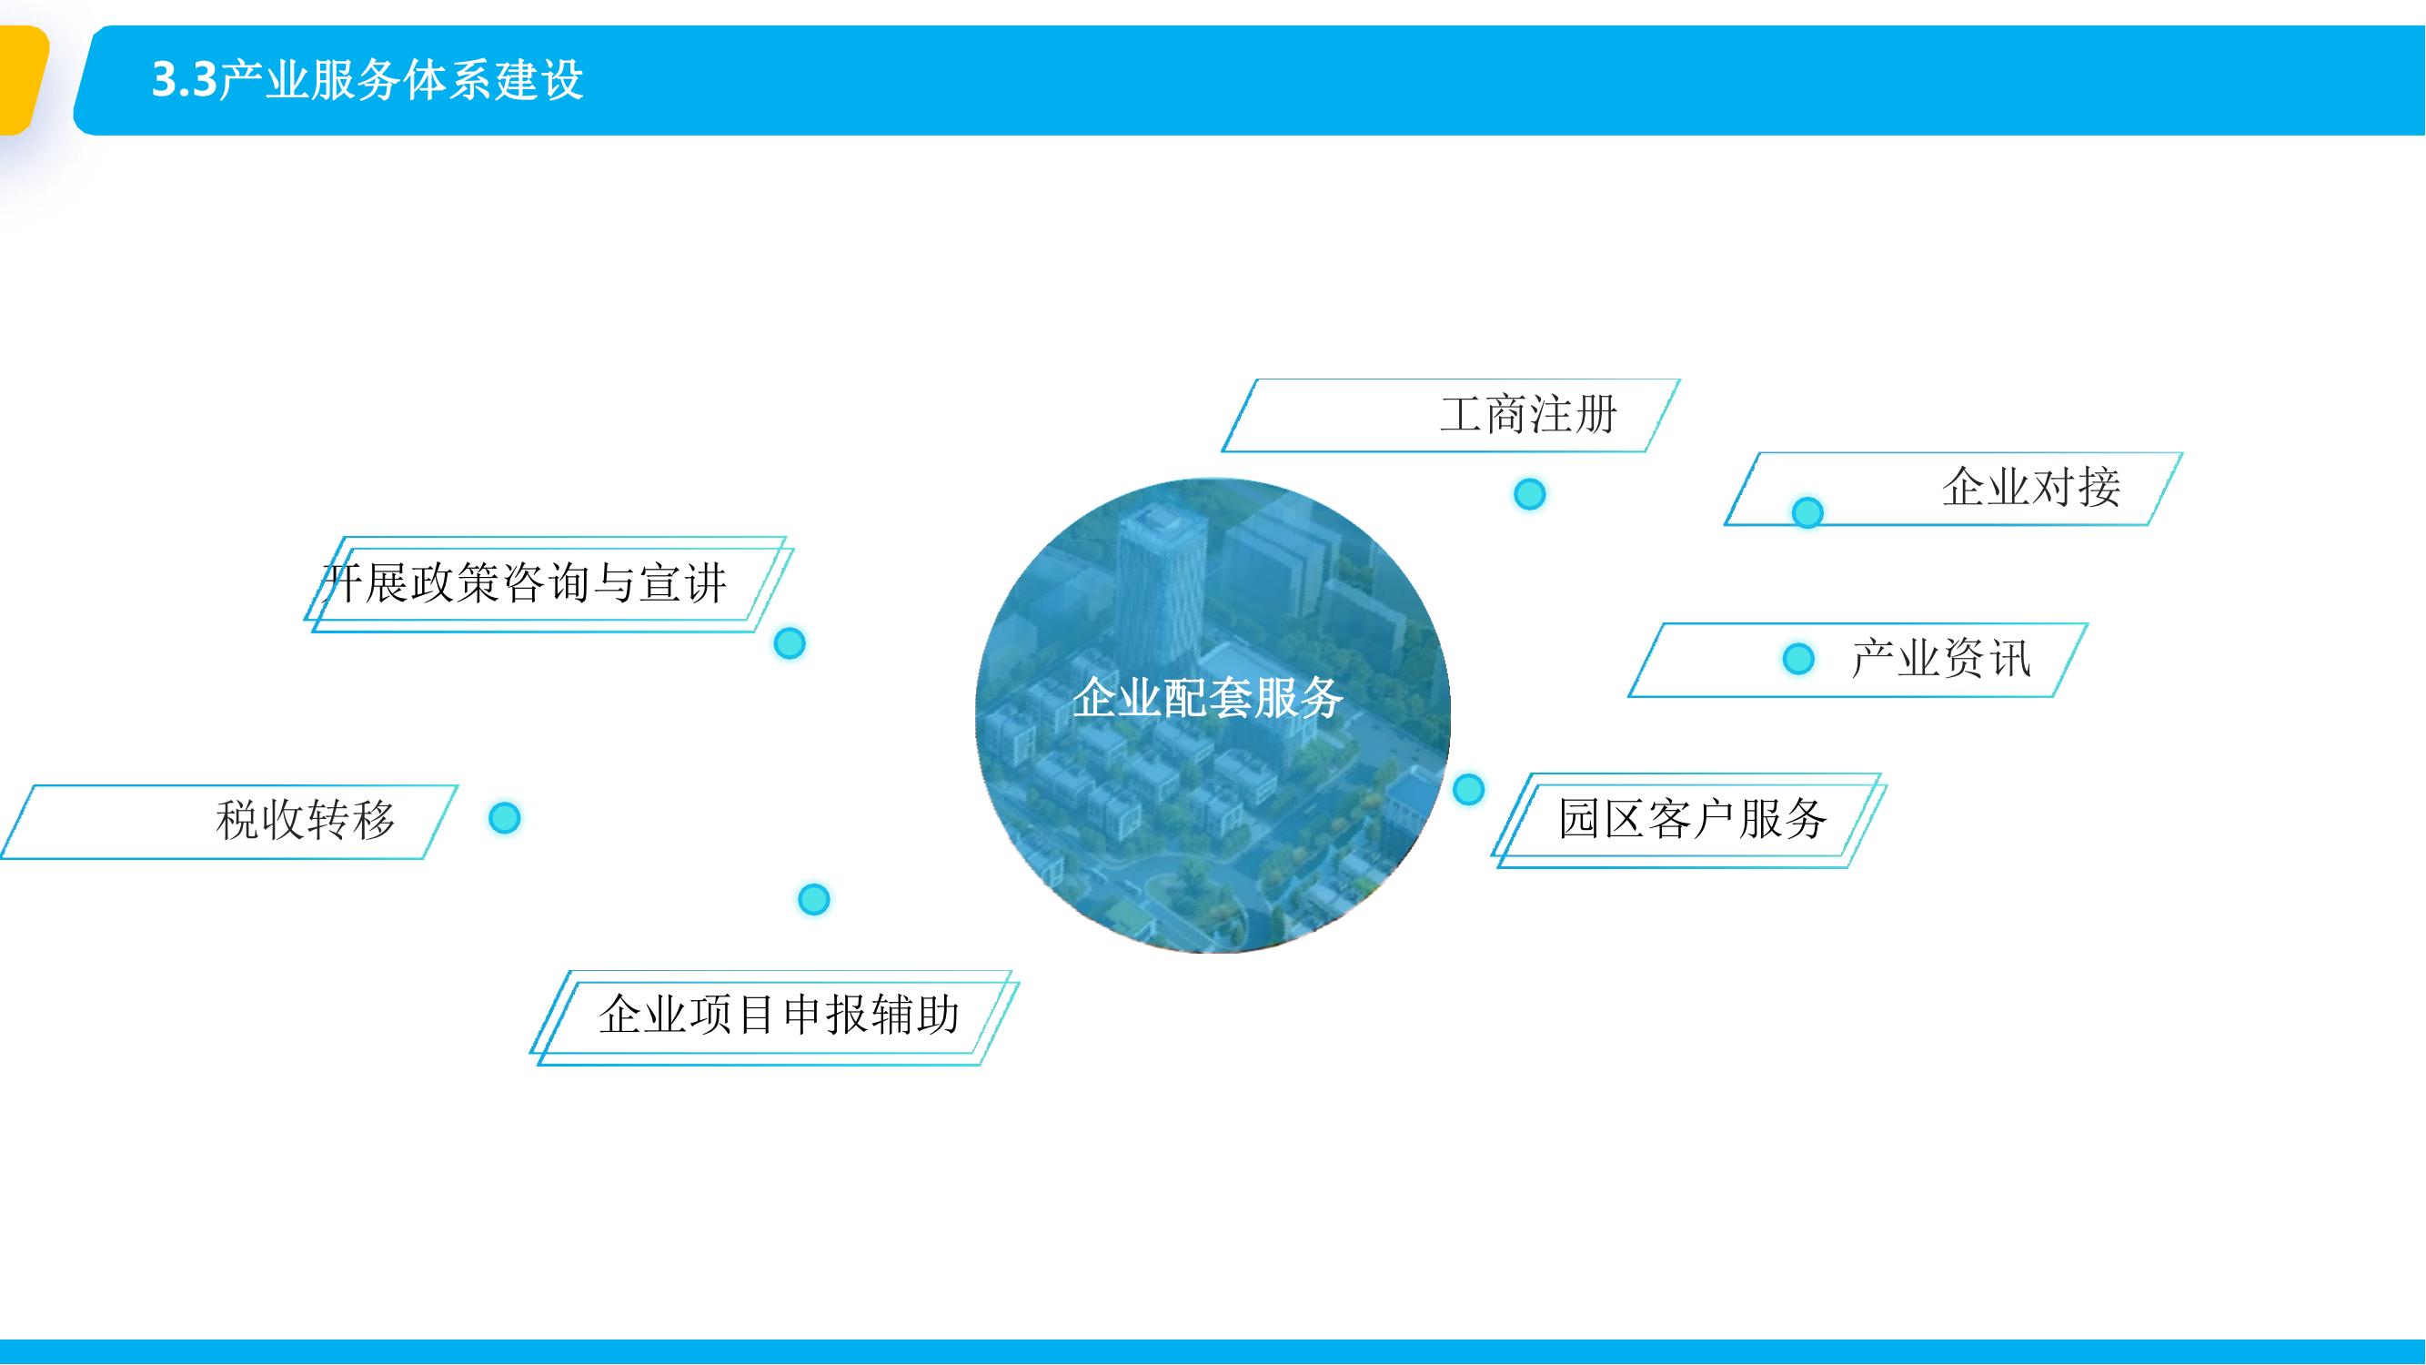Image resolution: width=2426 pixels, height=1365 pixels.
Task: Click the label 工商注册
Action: pyautogui.click(x=1528, y=414)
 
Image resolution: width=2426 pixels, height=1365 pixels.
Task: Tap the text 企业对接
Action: pyautogui.click(x=2030, y=487)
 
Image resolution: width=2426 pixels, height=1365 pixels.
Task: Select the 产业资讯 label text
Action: pyautogui.click(x=1941, y=658)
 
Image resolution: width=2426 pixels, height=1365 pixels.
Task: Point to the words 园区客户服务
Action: pyautogui.click(x=1692, y=818)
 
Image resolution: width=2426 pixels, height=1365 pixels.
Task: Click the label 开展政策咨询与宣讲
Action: pyautogui.click(x=525, y=582)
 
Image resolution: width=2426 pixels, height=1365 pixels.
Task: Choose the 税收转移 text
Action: pyautogui.click(x=306, y=819)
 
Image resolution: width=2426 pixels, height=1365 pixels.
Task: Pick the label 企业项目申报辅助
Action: pyautogui.click(x=779, y=1015)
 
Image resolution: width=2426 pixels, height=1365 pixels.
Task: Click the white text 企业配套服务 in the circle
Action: pyautogui.click(x=1208, y=698)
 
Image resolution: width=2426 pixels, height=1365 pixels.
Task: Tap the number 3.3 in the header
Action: pyautogui.click(x=185, y=80)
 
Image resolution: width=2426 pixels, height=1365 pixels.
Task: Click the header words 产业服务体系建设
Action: pyautogui.click(x=401, y=80)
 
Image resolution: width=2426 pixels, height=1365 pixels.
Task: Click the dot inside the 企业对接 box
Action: pyautogui.click(x=1807, y=512)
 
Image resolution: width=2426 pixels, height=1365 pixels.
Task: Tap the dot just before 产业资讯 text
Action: pyautogui.click(x=1798, y=659)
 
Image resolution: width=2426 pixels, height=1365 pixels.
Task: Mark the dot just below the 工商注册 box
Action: pyautogui.click(x=1529, y=493)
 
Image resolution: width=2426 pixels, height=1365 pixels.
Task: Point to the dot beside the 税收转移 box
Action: pyautogui.click(x=505, y=818)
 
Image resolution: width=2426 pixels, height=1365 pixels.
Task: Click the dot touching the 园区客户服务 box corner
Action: pyautogui.click(x=1469, y=788)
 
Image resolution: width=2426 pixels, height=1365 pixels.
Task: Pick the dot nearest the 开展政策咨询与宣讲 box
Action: pyautogui.click(x=790, y=643)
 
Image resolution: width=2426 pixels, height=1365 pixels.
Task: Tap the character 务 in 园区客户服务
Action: pyautogui.click(x=1806, y=818)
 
